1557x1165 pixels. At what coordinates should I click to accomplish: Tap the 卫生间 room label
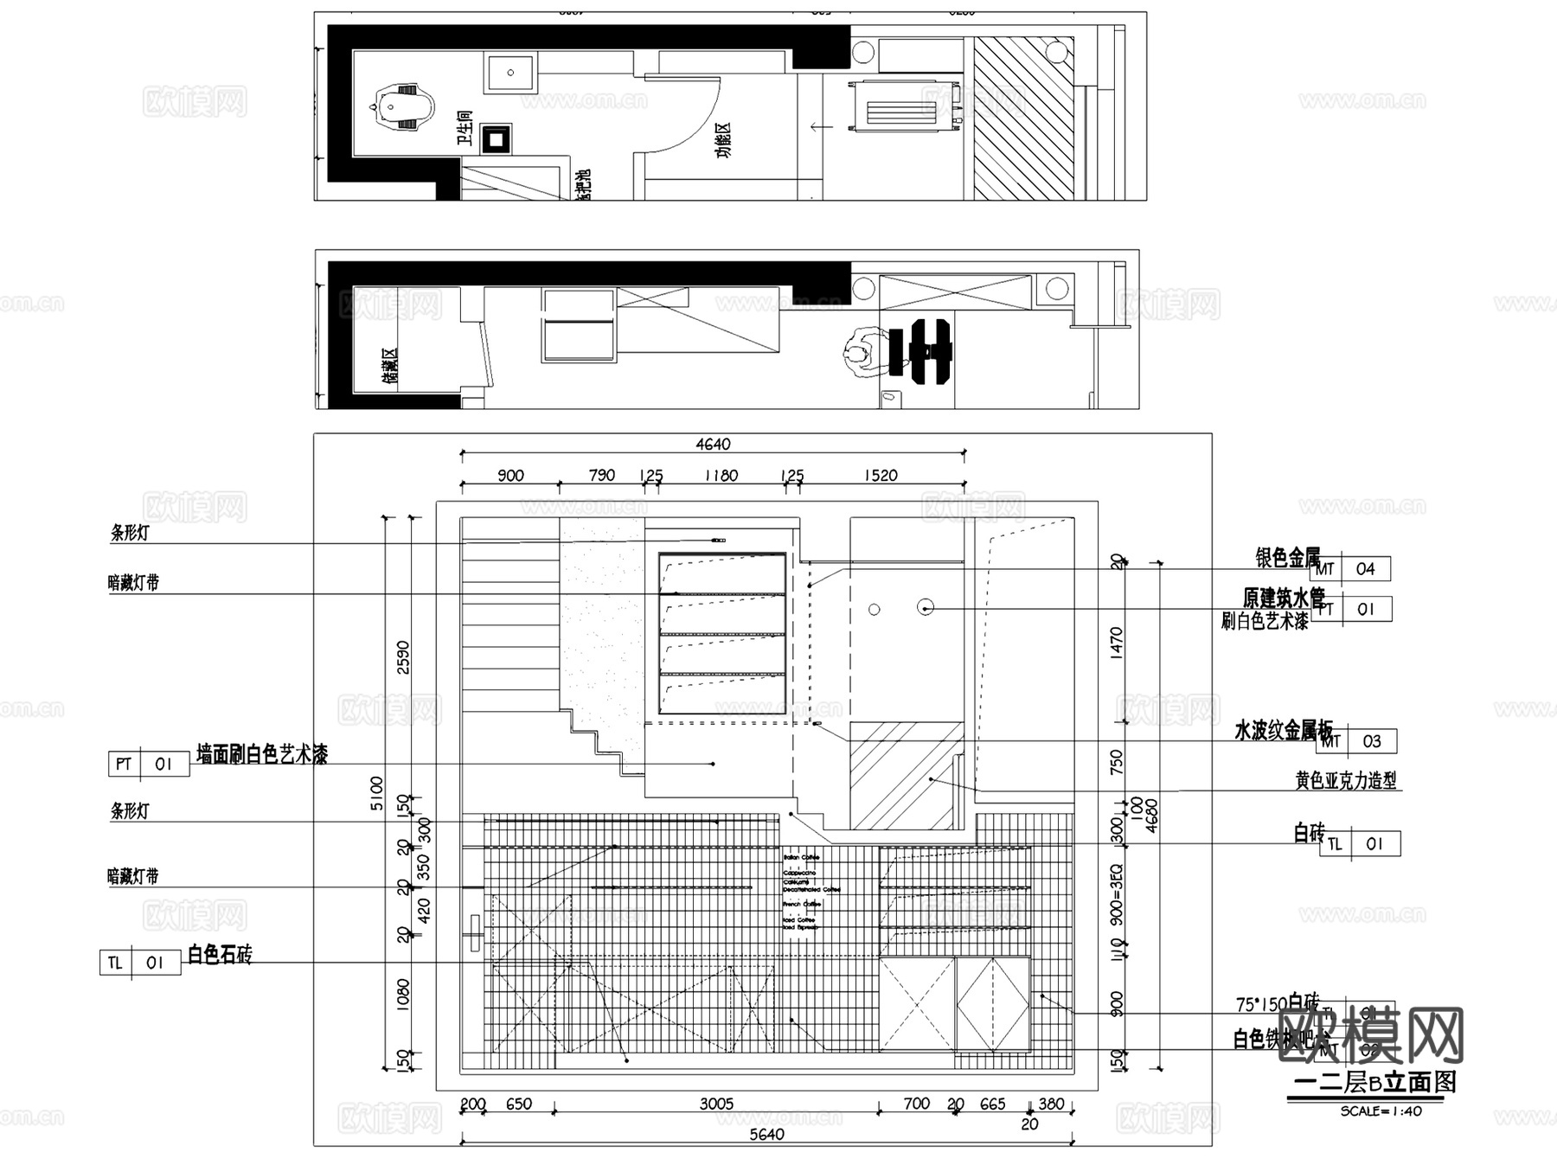(465, 128)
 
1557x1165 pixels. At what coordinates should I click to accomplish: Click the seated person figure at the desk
(859, 354)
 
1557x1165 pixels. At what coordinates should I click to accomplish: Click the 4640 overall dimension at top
(713, 444)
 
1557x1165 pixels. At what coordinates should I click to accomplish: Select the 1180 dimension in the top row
(721, 476)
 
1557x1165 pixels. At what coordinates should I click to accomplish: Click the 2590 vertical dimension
(403, 658)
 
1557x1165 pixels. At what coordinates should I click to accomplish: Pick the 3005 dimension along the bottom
(716, 1104)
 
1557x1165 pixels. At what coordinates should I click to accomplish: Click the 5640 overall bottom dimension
(766, 1134)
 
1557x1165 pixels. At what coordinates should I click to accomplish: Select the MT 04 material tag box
(1350, 569)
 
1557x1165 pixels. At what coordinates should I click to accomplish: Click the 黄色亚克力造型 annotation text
(1345, 781)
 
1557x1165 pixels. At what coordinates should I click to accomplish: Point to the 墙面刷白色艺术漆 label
(262, 755)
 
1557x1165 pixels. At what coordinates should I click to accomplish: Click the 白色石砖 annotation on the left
(220, 955)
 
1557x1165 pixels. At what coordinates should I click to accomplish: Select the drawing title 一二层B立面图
(1374, 1082)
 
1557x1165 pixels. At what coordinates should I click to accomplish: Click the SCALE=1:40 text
(1381, 1111)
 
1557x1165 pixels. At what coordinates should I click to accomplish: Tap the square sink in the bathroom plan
(510, 73)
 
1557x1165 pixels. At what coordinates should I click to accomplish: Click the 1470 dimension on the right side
(1116, 644)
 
